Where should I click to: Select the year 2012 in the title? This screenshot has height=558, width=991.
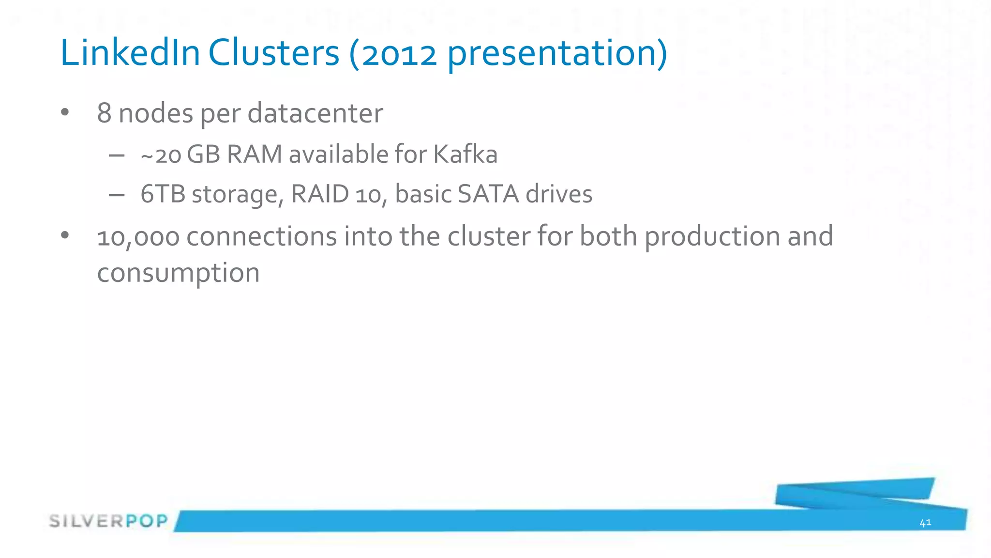(x=399, y=54)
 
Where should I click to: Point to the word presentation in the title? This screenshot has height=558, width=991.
(x=552, y=54)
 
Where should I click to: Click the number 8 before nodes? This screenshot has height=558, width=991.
(x=105, y=113)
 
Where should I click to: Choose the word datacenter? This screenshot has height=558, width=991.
(x=315, y=113)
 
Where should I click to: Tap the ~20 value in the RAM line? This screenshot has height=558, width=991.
(x=161, y=155)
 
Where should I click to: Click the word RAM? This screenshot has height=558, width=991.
(x=254, y=155)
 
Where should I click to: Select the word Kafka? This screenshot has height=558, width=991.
(x=465, y=155)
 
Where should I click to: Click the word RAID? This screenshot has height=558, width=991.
(x=320, y=194)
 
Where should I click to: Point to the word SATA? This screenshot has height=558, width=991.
(x=488, y=194)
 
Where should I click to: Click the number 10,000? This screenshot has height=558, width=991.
(x=138, y=237)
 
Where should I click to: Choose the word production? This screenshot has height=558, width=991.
(x=712, y=237)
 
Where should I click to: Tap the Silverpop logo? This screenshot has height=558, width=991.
(x=108, y=521)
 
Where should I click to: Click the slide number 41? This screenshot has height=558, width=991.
(x=925, y=523)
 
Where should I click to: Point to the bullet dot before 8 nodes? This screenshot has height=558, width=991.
(x=65, y=113)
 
